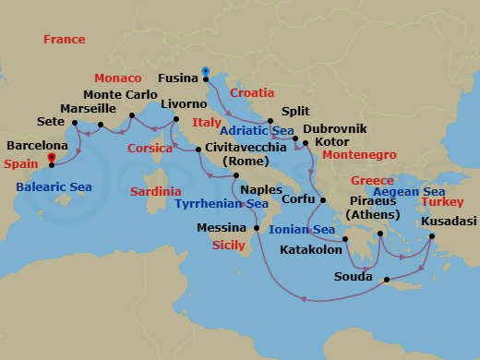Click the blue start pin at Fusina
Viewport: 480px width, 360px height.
205,71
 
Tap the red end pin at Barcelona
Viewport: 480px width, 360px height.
51,158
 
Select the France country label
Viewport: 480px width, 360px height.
64,40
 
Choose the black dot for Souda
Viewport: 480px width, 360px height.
386,279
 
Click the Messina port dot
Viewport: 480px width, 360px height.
256,227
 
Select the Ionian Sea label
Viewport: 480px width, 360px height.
302,230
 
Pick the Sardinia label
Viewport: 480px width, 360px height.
156,191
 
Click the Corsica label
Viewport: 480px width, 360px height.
150,148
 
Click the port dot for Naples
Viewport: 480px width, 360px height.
236,175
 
